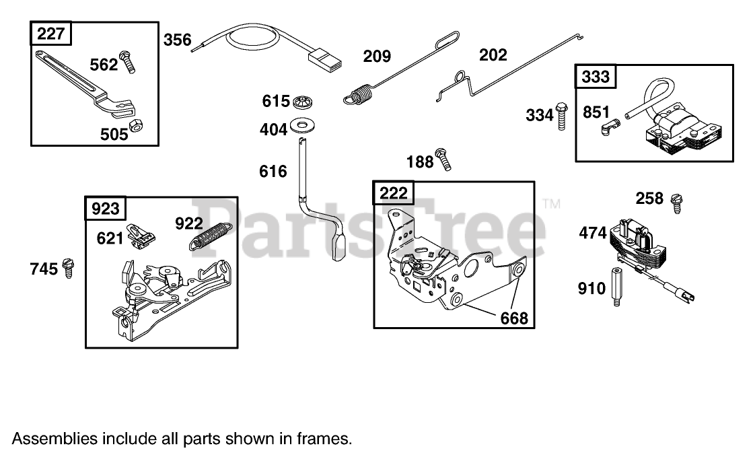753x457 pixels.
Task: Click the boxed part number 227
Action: [x=51, y=34]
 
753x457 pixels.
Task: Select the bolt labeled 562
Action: [x=128, y=61]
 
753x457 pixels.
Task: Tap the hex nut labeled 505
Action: [x=135, y=126]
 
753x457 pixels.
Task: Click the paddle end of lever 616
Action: [x=338, y=246]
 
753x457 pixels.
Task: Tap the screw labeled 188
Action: [x=443, y=159]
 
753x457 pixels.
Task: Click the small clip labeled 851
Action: [x=608, y=127]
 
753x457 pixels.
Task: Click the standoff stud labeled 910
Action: [x=616, y=287]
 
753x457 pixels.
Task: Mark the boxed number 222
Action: [x=394, y=194]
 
